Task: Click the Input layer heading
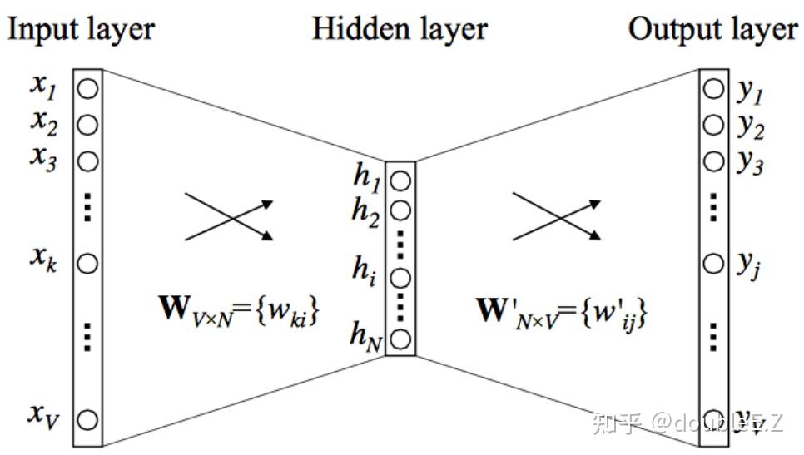81,30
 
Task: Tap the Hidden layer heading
400,30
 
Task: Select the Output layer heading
712,30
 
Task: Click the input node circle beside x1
87,87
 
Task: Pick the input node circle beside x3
87,158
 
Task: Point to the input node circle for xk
87,263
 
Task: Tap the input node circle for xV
87,418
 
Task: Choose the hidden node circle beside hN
400,339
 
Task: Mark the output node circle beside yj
712,264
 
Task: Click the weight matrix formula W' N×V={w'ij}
561,310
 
